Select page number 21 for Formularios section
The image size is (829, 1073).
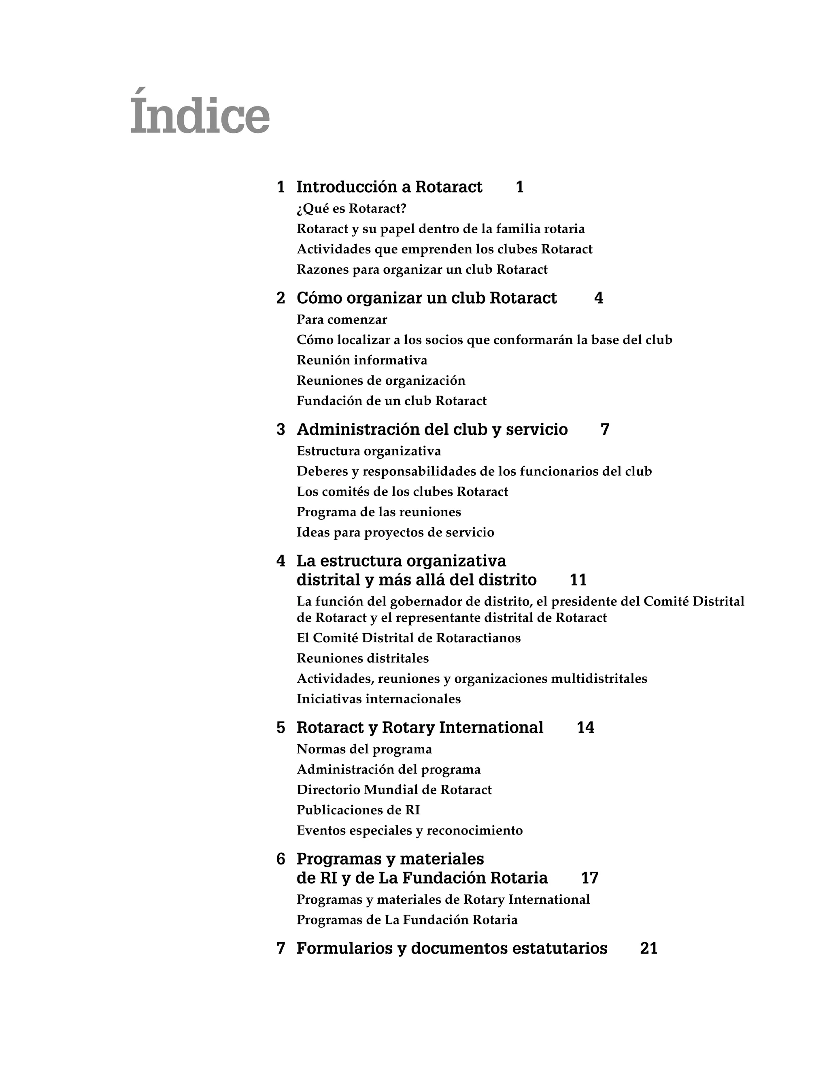point(648,949)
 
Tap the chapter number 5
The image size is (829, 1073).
point(281,728)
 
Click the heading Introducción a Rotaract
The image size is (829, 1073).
point(389,187)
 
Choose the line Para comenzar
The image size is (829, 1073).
point(342,320)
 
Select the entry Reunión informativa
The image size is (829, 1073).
point(362,360)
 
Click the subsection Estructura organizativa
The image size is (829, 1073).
point(369,451)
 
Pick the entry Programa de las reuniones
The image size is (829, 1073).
point(378,512)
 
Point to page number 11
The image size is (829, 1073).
point(578,580)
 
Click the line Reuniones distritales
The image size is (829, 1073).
point(362,658)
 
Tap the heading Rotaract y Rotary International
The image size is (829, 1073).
point(420,728)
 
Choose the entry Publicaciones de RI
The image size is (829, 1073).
point(358,810)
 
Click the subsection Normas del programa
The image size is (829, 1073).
point(364,749)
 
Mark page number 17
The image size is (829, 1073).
point(589,878)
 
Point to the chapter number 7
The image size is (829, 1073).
point(281,949)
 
